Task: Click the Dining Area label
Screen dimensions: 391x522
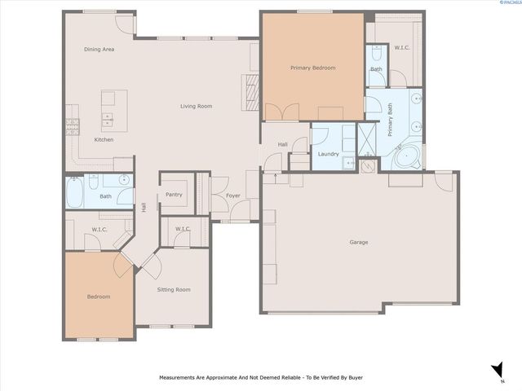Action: [99, 50]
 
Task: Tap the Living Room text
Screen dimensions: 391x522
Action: [196, 106]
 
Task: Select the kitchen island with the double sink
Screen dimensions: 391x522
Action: [108, 110]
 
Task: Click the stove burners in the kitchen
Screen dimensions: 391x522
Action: [72, 125]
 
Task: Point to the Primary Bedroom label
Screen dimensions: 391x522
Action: [312, 68]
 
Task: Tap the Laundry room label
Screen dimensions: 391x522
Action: [328, 154]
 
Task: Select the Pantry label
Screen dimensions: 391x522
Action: [174, 195]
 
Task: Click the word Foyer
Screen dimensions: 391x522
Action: [232, 195]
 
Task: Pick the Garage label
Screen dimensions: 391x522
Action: [359, 242]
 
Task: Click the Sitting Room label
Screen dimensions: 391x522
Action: [173, 290]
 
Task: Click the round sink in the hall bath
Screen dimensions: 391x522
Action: [124, 179]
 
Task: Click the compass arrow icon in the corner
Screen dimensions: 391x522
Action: [497, 371]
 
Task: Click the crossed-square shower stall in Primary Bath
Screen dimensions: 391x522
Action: [368, 139]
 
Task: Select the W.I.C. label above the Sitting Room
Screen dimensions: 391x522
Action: [183, 229]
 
